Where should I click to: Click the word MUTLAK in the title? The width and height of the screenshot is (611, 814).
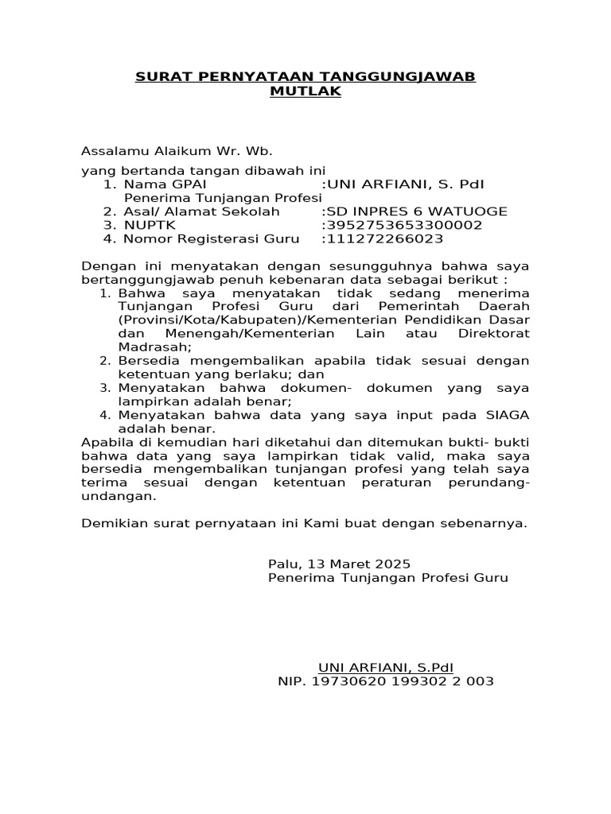305,91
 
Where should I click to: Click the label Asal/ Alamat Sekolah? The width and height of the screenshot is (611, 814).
202,211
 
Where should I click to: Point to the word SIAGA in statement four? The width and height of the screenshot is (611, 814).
508,415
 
